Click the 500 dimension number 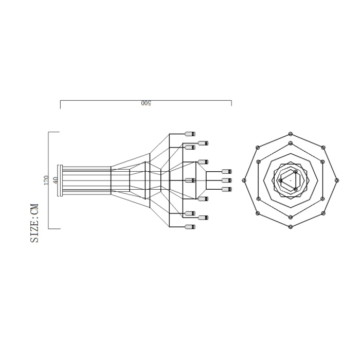tap(146, 103)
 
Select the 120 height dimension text tap(46, 180)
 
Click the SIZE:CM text tap(35, 223)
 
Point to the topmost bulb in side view tap(190, 133)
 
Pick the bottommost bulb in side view tap(190, 227)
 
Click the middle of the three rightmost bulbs tap(225, 180)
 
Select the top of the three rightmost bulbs tap(225, 171)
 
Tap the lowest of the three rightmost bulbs tap(225, 189)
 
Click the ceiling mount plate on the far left tap(60, 180)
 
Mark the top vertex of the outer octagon tap(291, 133)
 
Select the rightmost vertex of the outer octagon tap(337, 180)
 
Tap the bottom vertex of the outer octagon tap(291, 227)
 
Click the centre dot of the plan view tap(291, 181)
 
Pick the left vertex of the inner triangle tap(280, 180)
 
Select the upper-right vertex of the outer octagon tap(323, 148)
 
